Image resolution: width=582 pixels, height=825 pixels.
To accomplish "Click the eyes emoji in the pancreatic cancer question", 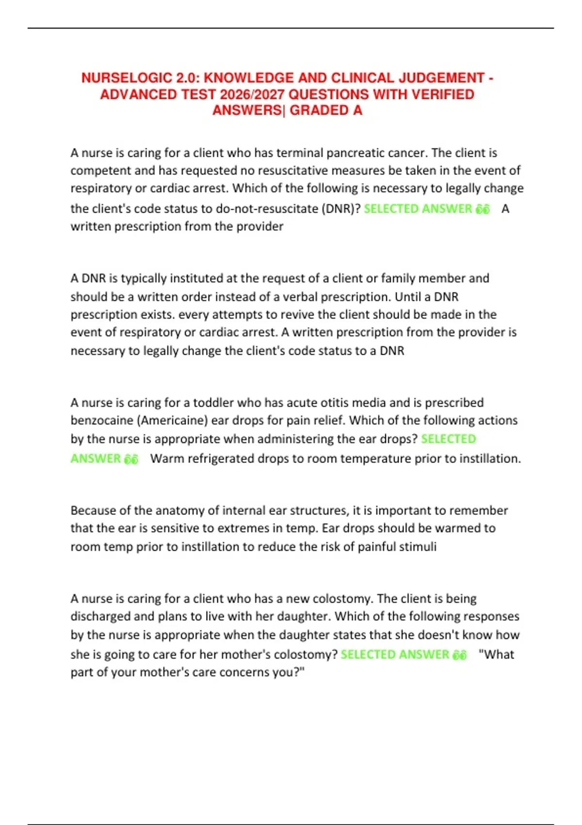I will [483, 209].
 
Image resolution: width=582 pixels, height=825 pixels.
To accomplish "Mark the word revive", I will [292, 314].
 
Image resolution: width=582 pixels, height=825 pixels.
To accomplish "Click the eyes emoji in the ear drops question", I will [131, 459].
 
